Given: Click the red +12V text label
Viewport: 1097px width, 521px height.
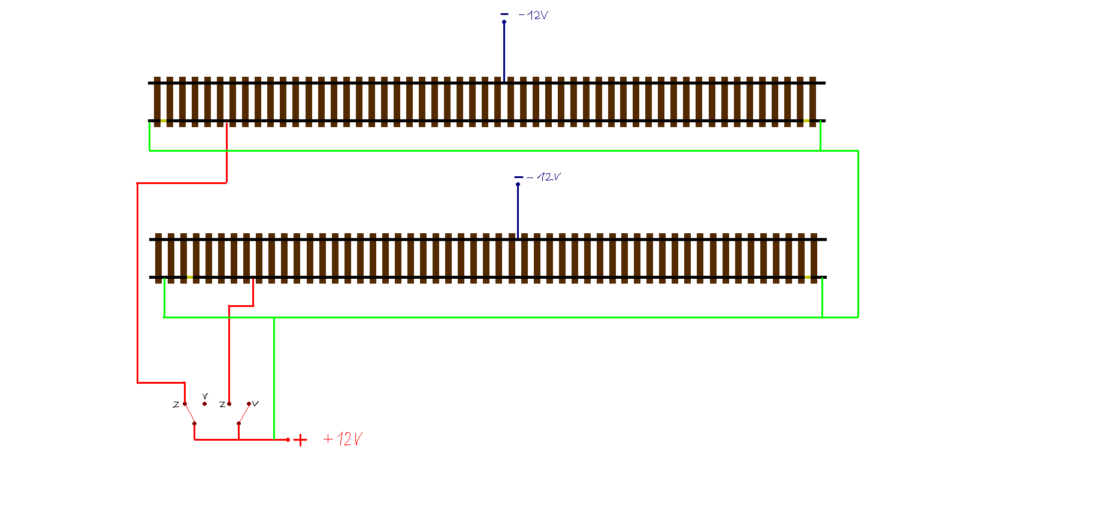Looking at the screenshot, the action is pyautogui.click(x=343, y=439).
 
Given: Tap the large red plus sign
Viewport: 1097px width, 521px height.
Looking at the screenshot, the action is pyautogui.click(x=300, y=440).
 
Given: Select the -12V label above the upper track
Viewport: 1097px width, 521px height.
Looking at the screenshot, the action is pyautogui.click(x=533, y=15).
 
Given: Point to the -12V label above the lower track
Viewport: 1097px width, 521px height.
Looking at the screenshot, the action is pyautogui.click(x=543, y=177).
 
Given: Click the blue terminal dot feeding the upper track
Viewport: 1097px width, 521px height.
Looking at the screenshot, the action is pyautogui.click(x=504, y=22).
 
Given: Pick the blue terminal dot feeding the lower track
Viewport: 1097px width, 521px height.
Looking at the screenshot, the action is pyautogui.click(x=518, y=184).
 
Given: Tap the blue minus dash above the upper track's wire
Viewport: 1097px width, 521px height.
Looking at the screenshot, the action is pyautogui.click(x=504, y=14).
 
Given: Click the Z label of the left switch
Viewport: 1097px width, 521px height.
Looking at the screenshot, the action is pyautogui.click(x=176, y=405).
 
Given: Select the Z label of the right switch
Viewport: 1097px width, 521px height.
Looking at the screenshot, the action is pyautogui.click(x=222, y=405).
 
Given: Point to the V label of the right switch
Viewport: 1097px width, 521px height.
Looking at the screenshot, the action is pyautogui.click(x=256, y=403).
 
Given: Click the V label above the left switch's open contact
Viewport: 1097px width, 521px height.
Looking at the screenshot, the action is pyautogui.click(x=205, y=396).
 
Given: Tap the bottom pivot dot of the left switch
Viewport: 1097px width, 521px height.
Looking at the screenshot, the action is pyautogui.click(x=194, y=423).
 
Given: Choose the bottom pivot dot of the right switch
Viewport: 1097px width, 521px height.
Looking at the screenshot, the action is pyautogui.click(x=238, y=423).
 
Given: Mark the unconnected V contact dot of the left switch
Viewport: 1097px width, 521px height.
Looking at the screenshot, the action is pyautogui.click(x=204, y=404).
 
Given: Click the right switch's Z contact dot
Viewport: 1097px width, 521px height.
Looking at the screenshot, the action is pyautogui.click(x=229, y=404).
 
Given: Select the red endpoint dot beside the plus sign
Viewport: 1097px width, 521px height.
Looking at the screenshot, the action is pyautogui.click(x=288, y=439).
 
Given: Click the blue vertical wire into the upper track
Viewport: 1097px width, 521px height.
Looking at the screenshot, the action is pyautogui.click(x=504, y=52).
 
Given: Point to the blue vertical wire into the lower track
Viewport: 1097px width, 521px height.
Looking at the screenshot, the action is pyautogui.click(x=518, y=211).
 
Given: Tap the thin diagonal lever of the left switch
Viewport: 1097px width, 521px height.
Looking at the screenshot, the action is pyautogui.click(x=189, y=414).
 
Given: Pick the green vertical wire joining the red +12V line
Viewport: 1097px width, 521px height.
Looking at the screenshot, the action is pyautogui.click(x=274, y=378).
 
